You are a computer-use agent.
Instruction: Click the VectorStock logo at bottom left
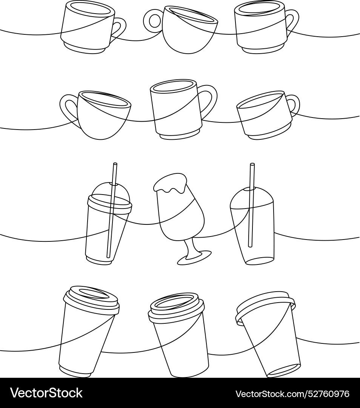(x=46, y=393)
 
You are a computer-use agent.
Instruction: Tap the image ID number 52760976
(x=292, y=394)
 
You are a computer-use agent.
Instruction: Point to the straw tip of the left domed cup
(x=115, y=165)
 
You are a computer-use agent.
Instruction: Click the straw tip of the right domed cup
(x=252, y=165)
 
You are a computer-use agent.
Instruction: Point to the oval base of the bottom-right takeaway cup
(x=284, y=370)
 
